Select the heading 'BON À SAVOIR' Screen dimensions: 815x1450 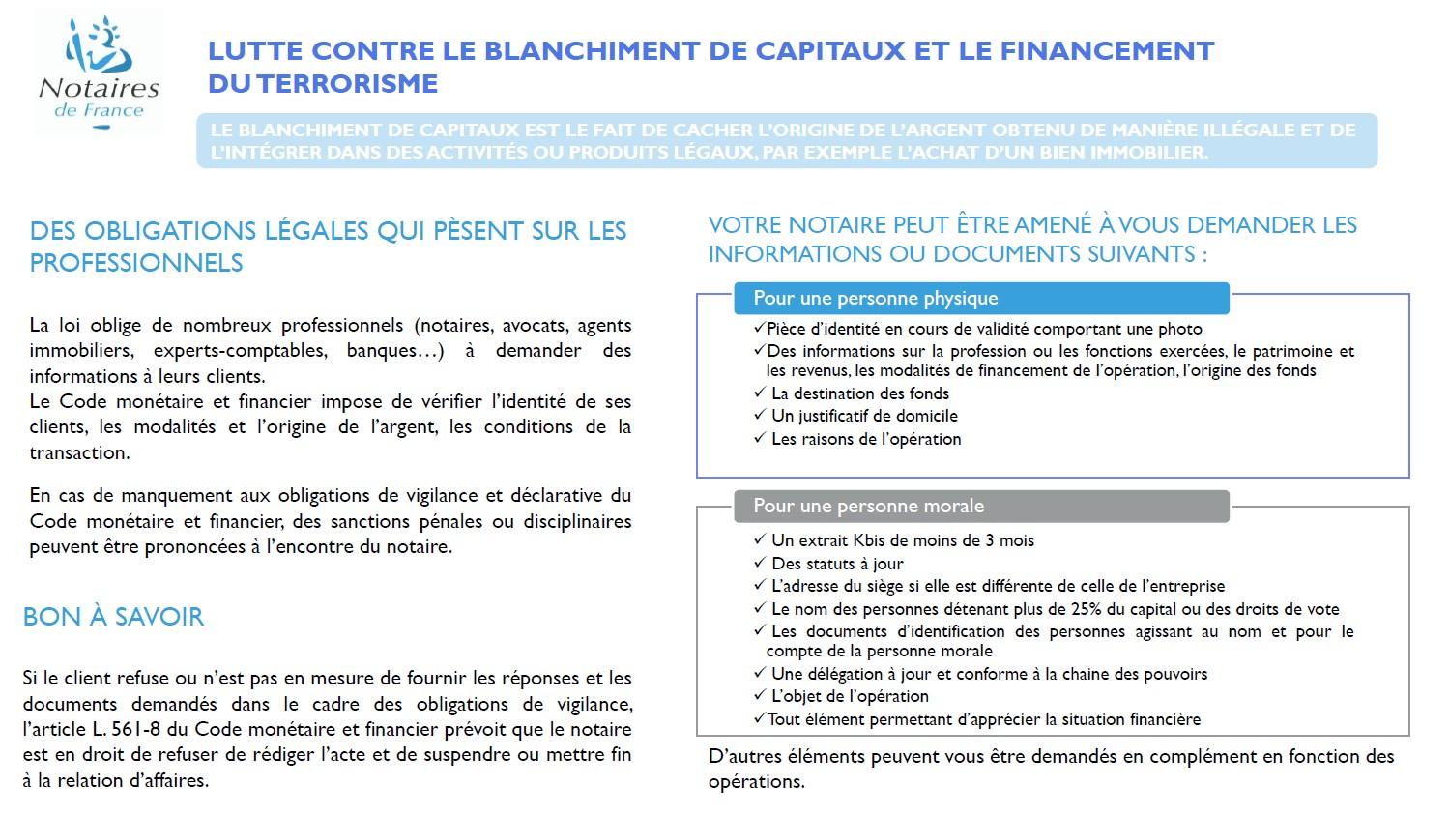pyautogui.click(x=113, y=617)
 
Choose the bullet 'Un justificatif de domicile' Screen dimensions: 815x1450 pyautogui.click(x=864, y=416)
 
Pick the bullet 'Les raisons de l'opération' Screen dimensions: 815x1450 pyautogui.click(x=866, y=439)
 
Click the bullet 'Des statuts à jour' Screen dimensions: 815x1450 pyautogui.click(x=837, y=564)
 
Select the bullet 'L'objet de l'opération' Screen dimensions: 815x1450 pyautogui.click(x=849, y=696)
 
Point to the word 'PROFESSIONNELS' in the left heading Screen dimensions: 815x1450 pyautogui.click(x=136, y=263)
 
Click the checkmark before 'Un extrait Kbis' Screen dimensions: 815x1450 pyautogui.click(x=759, y=541)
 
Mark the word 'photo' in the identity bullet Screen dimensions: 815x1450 pyautogui.click(x=1180, y=329)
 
